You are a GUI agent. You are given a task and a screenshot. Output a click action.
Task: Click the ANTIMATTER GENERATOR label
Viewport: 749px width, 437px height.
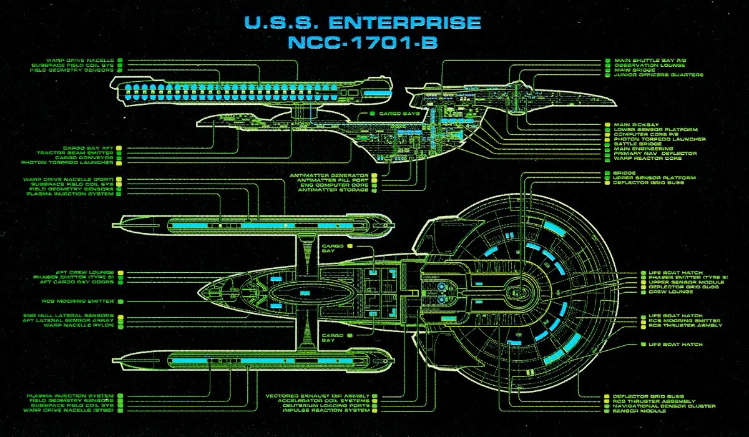329,175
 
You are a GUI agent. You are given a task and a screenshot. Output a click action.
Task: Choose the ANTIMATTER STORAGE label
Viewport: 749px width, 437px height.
333,190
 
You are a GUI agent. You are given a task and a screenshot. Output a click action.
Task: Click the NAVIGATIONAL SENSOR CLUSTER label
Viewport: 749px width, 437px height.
663,406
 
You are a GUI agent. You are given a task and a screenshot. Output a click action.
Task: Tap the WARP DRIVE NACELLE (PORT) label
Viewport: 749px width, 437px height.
69,179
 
